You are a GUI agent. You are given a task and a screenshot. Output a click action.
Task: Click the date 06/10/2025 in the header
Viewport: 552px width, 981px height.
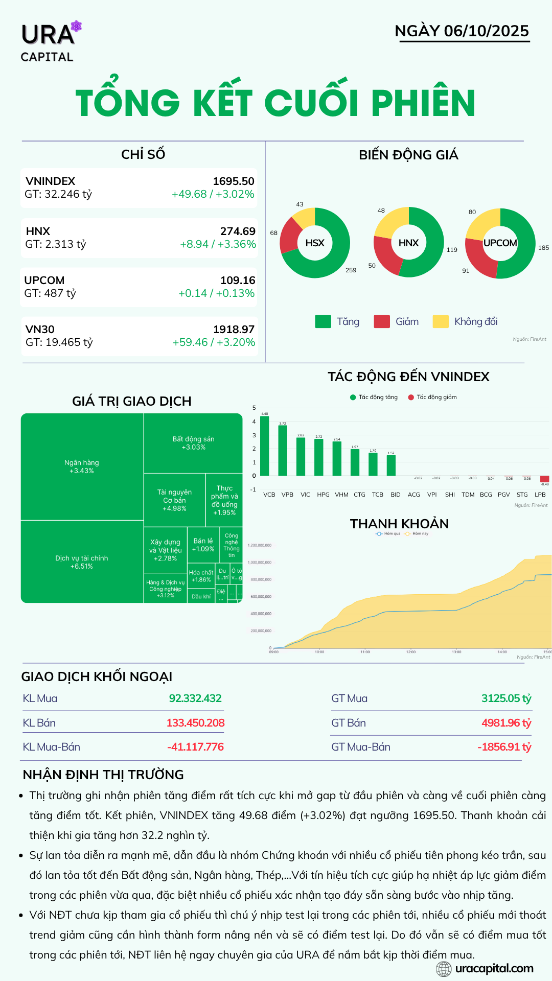pos(486,31)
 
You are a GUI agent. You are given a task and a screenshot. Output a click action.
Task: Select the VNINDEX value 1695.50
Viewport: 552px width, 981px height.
pos(234,181)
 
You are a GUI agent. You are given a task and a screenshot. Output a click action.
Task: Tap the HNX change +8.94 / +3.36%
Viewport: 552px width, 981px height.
pos(218,244)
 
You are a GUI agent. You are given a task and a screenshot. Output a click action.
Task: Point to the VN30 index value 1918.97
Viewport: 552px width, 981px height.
pos(234,330)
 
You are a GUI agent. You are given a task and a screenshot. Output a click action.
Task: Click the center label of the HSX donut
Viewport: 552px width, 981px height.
pos(315,243)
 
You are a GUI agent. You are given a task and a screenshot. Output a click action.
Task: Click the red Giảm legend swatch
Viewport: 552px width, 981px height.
pos(382,321)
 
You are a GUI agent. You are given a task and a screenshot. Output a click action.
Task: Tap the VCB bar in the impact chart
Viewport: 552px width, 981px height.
pos(264,446)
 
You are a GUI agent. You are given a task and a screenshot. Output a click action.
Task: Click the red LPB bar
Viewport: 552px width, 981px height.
pos(545,479)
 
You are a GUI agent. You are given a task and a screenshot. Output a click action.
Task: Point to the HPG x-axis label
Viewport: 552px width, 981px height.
pos(323,495)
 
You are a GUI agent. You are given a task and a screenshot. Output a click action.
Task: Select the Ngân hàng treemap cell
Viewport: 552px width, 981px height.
pos(82,466)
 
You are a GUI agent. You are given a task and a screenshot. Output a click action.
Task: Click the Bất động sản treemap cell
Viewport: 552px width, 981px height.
pos(193,442)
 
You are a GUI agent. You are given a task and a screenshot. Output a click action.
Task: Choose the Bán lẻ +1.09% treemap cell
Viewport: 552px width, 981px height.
pos(203,545)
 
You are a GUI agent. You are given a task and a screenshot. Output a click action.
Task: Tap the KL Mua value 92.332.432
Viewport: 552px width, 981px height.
pos(195,698)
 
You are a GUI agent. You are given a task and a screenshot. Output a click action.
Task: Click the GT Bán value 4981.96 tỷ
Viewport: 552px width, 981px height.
pos(506,723)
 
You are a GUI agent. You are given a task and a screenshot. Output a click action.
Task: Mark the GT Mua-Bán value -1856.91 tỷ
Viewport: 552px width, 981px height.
pos(504,747)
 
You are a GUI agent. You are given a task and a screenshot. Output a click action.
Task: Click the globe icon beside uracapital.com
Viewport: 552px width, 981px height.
pos(444,969)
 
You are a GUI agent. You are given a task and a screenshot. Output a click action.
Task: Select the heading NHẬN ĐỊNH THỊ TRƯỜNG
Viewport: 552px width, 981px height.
pos(103,775)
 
